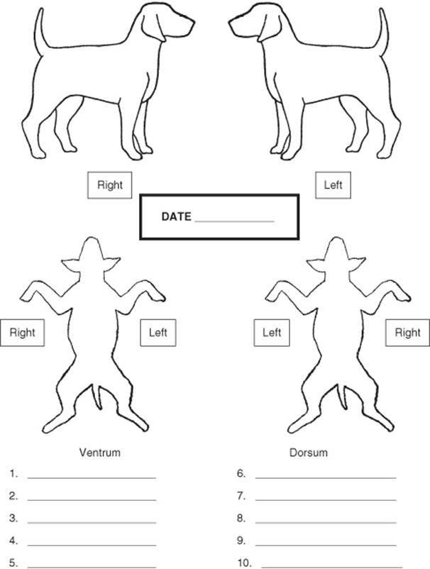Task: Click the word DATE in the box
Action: click(x=176, y=216)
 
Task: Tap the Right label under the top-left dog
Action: click(x=109, y=185)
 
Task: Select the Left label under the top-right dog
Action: click(x=333, y=185)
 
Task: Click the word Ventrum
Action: click(x=100, y=453)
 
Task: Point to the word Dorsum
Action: click(x=309, y=453)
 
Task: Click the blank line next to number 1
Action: click(x=92, y=478)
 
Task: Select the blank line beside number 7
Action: click(x=326, y=500)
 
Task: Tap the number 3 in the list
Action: click(x=13, y=518)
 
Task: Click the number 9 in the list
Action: click(x=241, y=541)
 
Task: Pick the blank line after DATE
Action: click(x=234, y=221)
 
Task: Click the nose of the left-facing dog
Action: click(x=231, y=23)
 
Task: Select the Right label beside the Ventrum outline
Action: click(x=22, y=333)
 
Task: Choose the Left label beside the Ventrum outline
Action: click(x=158, y=333)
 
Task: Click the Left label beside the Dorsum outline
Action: click(x=272, y=333)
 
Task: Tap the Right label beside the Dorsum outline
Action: click(x=407, y=333)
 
